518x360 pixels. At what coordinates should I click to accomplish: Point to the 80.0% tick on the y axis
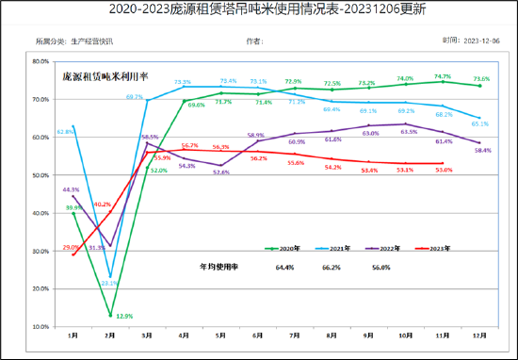(40, 61)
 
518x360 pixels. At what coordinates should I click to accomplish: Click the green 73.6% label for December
(480, 79)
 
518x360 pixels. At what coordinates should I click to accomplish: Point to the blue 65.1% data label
(480, 123)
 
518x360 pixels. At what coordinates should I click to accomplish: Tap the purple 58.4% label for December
(480, 151)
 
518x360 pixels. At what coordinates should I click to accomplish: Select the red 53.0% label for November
(443, 171)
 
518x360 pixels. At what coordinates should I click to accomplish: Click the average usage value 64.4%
(285, 268)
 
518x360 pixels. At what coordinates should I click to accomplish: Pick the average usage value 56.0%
(380, 268)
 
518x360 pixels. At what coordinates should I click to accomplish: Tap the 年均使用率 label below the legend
(218, 268)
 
